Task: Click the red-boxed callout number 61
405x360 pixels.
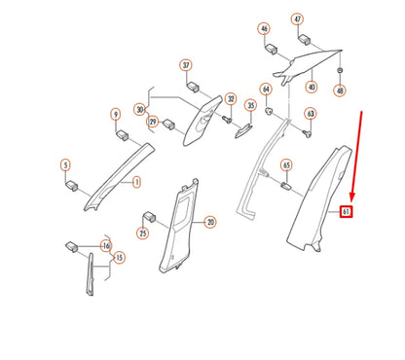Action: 346,211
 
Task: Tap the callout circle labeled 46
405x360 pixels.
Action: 264,30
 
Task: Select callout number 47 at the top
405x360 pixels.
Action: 298,19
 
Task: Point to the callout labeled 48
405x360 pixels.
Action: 339,90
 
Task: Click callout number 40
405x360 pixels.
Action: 312,87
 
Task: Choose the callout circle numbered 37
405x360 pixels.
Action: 185,65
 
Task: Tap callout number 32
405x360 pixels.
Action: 231,99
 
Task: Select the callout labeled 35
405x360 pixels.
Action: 250,105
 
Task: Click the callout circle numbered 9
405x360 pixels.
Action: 115,114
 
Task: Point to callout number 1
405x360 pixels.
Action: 136,181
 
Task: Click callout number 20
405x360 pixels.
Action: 210,222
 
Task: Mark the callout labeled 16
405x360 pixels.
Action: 106,247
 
